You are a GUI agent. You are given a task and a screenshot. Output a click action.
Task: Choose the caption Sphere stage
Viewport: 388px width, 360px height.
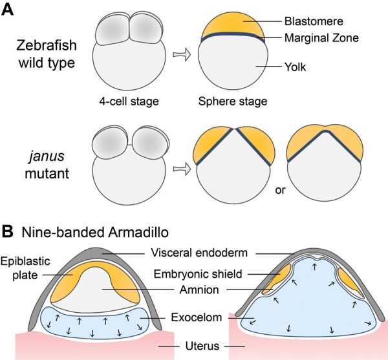pos(232,101)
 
